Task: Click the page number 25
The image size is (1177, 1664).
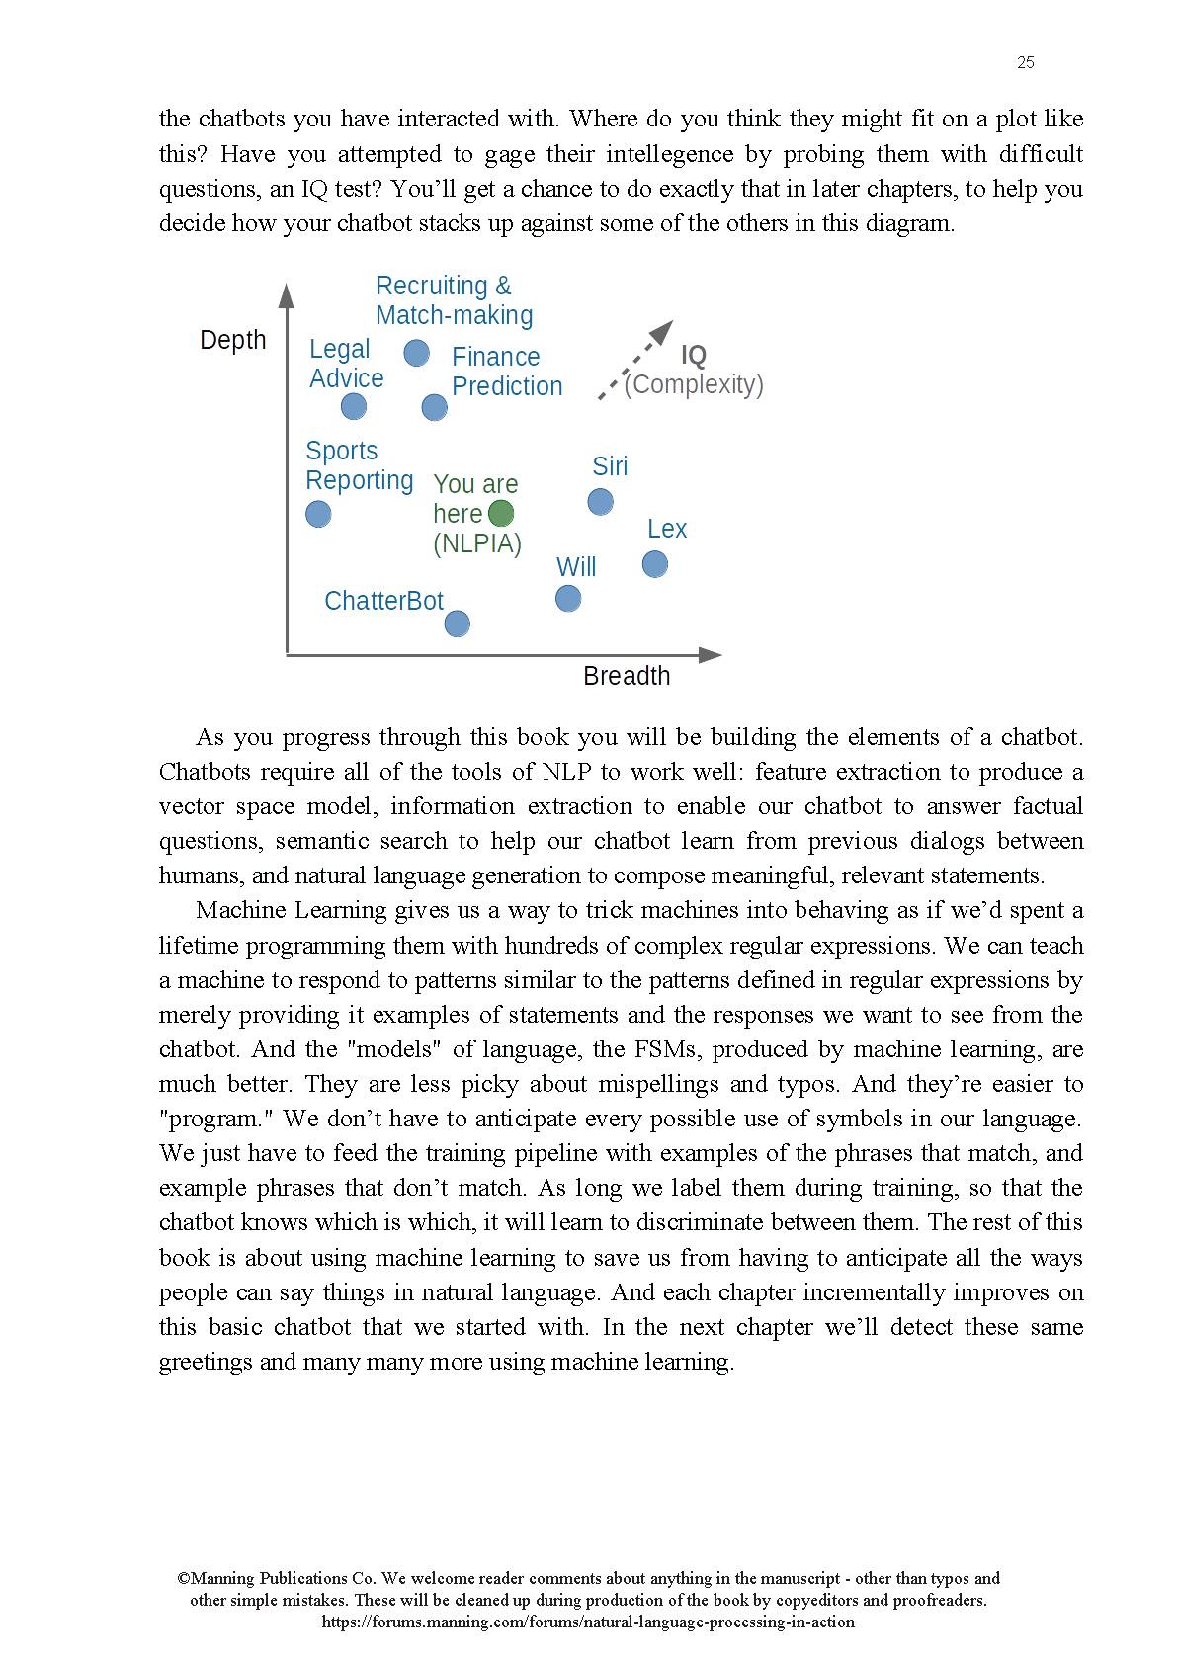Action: pos(1025,62)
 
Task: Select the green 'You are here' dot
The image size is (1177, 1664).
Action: pos(501,513)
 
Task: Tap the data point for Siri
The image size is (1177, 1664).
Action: pos(600,502)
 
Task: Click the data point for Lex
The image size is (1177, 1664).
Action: pos(654,564)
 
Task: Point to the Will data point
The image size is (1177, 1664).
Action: pos(567,599)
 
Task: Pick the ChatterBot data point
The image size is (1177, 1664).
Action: pos(457,624)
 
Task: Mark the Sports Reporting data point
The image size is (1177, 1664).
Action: pos(318,514)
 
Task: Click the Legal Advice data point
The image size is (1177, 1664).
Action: pos(353,406)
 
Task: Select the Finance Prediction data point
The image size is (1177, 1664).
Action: pos(434,407)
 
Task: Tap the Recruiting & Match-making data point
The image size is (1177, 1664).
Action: pos(417,353)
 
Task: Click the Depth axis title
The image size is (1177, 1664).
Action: pos(233,340)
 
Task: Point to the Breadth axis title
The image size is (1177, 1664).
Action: pos(627,676)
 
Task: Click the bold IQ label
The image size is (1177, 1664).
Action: pos(694,355)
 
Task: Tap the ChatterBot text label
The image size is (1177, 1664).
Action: pos(383,601)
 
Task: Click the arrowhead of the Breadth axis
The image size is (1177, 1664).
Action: pos(711,654)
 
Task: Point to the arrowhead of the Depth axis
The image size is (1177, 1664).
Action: pos(287,295)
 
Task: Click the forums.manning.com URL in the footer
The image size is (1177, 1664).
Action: pos(588,1622)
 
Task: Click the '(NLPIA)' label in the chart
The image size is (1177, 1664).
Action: pos(477,543)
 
